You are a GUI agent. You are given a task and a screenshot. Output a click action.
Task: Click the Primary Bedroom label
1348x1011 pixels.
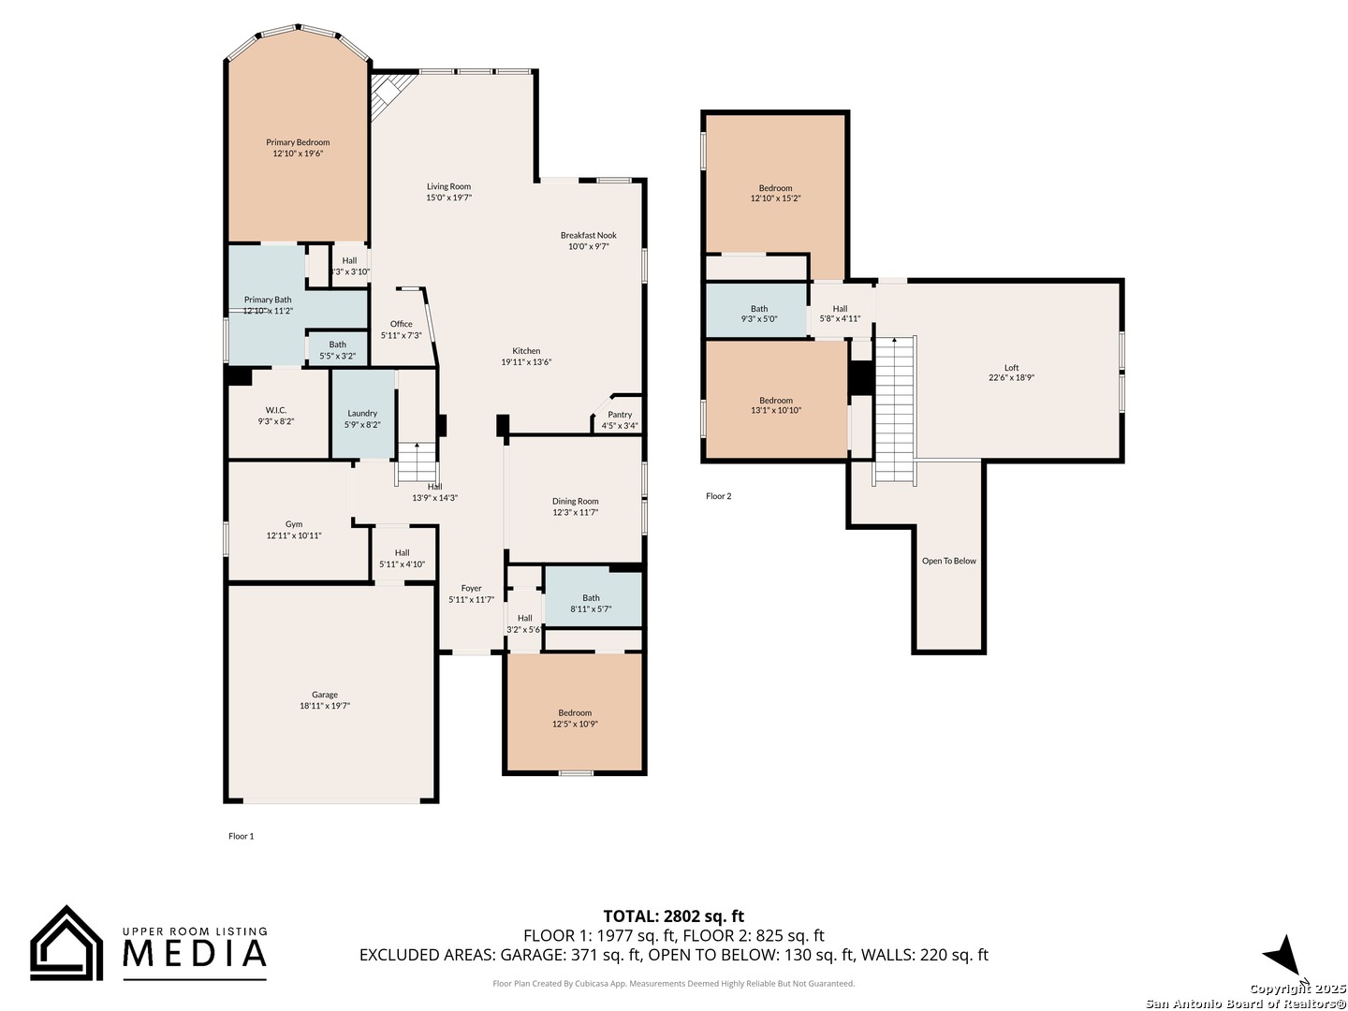[x=298, y=142]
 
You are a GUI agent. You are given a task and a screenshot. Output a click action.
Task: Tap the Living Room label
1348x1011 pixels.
[x=448, y=186]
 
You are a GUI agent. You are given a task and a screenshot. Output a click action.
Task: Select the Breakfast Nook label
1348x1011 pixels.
[x=589, y=235]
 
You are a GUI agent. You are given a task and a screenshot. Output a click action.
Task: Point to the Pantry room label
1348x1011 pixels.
[x=620, y=415]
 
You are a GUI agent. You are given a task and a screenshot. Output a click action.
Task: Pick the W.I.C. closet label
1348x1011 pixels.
[x=276, y=410]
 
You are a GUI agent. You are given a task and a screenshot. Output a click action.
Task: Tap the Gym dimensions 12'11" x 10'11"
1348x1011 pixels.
[x=294, y=535]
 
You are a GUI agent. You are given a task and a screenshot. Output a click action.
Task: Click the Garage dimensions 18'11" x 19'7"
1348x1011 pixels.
[x=325, y=706]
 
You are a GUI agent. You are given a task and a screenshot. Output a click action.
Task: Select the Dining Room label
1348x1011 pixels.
[x=575, y=501]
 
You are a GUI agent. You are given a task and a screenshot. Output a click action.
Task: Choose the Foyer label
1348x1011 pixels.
[x=471, y=589]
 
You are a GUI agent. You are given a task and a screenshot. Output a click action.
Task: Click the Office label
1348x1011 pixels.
[x=402, y=324]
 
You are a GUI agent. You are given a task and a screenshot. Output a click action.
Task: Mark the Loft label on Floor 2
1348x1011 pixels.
[x=1011, y=368]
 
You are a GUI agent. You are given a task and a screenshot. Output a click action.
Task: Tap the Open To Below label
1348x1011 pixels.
[x=948, y=561]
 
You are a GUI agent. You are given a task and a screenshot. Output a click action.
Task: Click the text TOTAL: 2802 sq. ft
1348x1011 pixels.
[x=673, y=916]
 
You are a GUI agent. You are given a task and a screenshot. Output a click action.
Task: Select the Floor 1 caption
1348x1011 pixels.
[x=241, y=836]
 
